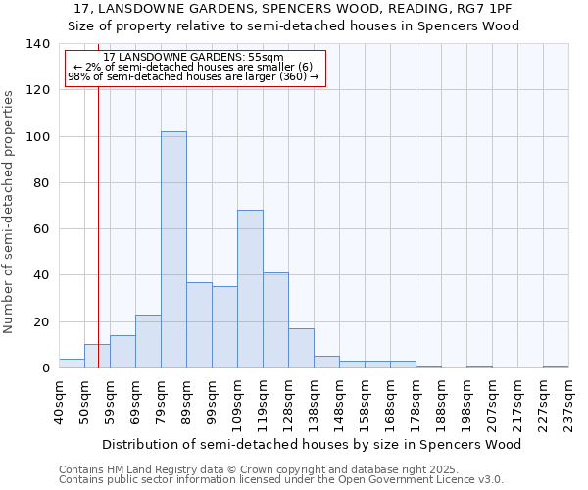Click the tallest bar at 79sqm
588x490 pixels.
[x=173, y=250]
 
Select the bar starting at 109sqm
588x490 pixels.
[x=250, y=289]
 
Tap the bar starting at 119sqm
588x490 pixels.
[x=275, y=320]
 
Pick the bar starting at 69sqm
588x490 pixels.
[x=148, y=341]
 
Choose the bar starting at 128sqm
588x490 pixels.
[x=301, y=348]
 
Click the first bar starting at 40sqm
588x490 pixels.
[x=72, y=364]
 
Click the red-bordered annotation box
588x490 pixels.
[x=194, y=68]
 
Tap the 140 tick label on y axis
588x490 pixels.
[x=38, y=44]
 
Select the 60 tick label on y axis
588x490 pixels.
[x=42, y=229]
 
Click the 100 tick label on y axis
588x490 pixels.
[x=38, y=136]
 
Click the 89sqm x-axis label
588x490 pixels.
[x=186, y=400]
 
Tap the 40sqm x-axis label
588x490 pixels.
[x=59, y=400]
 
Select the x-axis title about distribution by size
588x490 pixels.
[x=311, y=444]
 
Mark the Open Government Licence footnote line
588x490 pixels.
[x=281, y=479]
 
